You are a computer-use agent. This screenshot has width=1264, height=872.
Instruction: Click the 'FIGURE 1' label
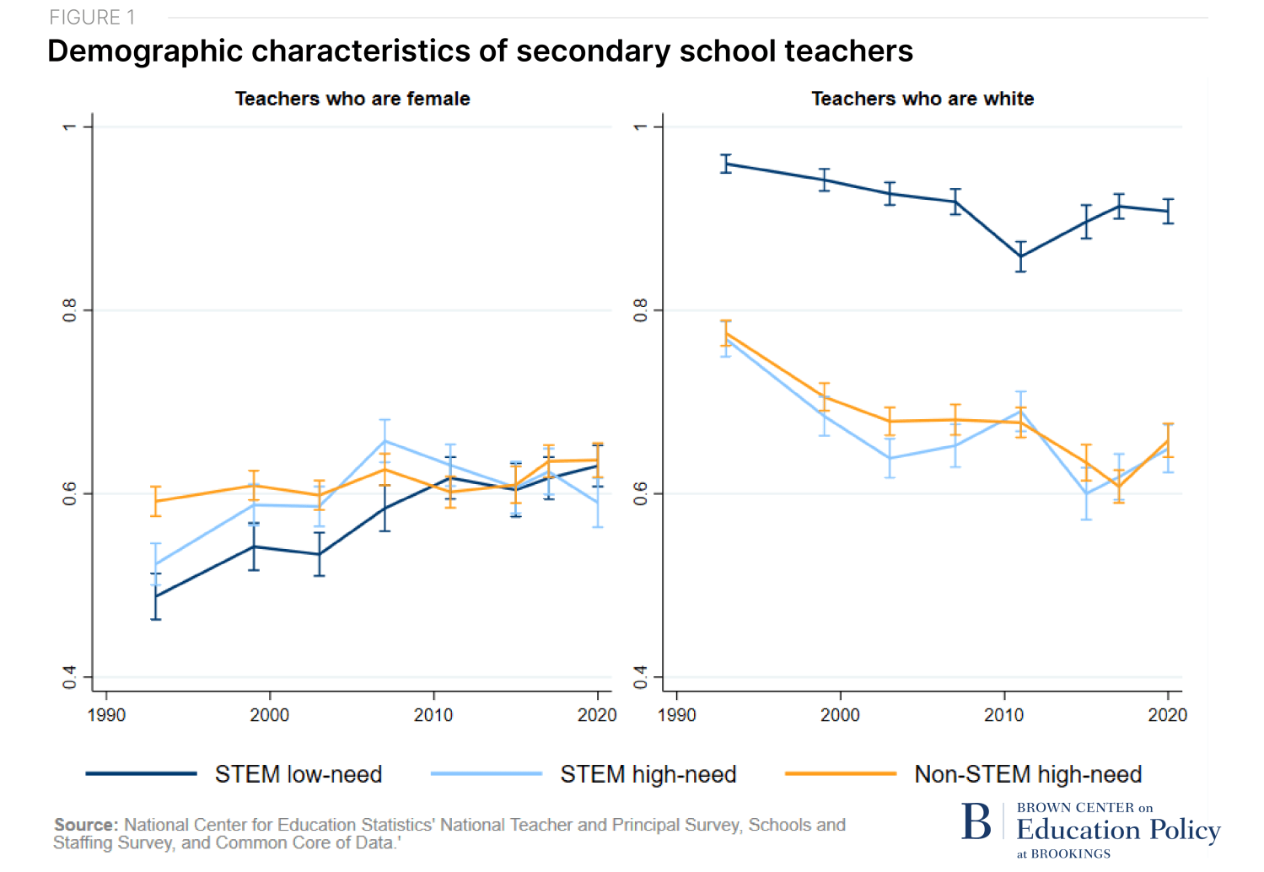92,18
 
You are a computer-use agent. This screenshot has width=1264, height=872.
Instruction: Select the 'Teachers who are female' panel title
352,99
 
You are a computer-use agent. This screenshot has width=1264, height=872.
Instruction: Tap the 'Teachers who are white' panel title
922,99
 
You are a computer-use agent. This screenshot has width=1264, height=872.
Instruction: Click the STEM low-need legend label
299,774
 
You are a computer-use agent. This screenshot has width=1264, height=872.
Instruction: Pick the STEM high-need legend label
648,774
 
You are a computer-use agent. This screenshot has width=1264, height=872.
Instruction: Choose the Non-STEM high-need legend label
1028,774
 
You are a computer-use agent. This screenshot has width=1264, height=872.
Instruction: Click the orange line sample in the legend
840,773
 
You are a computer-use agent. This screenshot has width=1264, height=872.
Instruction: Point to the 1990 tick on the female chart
106,715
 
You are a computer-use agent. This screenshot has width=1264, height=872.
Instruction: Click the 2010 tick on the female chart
433,715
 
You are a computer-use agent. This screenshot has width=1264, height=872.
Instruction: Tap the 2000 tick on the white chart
840,715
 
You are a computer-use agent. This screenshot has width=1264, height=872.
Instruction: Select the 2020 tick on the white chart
1167,715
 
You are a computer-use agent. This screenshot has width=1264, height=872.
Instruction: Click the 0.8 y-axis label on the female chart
70,310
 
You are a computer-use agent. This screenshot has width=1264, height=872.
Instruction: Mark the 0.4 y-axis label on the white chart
641,676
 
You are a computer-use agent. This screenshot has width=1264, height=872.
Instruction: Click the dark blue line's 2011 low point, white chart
1020,256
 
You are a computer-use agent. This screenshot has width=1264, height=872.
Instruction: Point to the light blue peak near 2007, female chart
385,441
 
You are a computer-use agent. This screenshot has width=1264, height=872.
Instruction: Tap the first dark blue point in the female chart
155,596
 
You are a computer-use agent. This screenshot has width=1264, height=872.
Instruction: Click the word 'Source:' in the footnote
86,825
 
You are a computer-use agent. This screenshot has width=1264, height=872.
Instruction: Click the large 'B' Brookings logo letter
976,821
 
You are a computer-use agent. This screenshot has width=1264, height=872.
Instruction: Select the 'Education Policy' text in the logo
1118,830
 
